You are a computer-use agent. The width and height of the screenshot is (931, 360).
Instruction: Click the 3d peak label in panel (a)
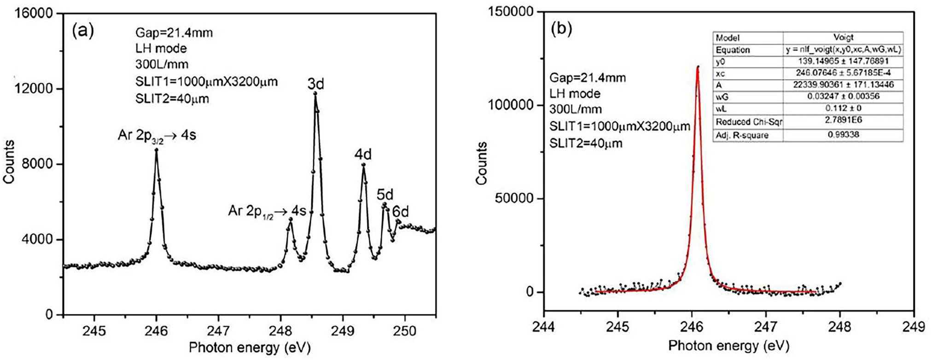point(316,84)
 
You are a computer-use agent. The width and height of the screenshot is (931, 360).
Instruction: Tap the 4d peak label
point(363,155)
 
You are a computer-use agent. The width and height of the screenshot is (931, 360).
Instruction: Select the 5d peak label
point(385,194)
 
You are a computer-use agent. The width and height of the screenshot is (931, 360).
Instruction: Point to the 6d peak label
point(401,211)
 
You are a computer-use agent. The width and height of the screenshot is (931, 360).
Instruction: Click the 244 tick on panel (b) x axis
point(544,326)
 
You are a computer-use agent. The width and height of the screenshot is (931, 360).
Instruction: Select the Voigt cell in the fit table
point(843,38)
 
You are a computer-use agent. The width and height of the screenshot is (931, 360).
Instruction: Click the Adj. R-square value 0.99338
point(843,135)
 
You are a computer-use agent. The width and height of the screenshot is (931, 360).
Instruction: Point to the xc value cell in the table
point(843,73)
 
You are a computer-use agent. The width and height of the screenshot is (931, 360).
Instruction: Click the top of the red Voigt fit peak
point(698,67)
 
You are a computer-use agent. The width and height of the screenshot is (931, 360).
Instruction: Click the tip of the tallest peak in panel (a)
point(315,93)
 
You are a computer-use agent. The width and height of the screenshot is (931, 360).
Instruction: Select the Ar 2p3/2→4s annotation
point(157,136)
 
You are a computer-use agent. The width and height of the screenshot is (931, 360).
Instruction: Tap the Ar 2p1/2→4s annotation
point(267,211)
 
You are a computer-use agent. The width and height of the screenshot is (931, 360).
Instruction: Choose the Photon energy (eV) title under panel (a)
point(250,347)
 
